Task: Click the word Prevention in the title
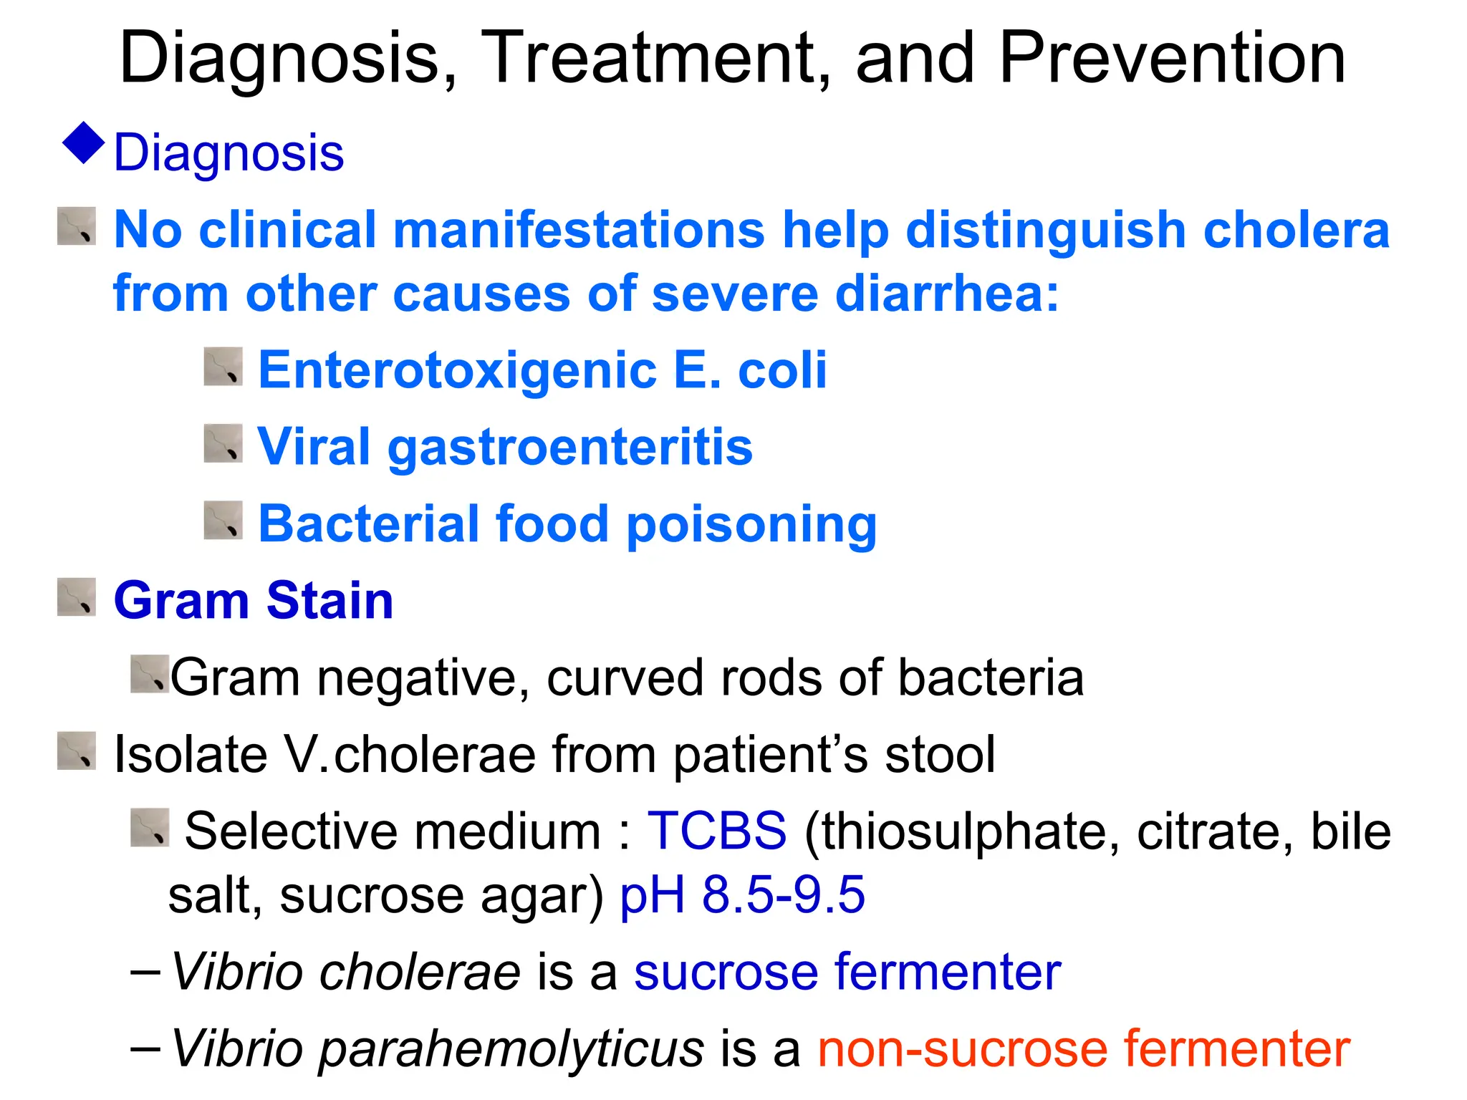[1172, 59]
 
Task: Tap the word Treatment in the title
[659, 59]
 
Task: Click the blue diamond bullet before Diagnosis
[84, 143]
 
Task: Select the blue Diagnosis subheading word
[229, 153]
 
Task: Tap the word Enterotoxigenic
[457, 371]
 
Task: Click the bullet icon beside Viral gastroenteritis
[223, 443]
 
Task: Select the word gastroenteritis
[570, 448]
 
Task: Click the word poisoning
[751, 525]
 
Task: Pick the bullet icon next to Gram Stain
[76, 597]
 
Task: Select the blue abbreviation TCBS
[717, 831]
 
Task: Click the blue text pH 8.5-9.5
[742, 895]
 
